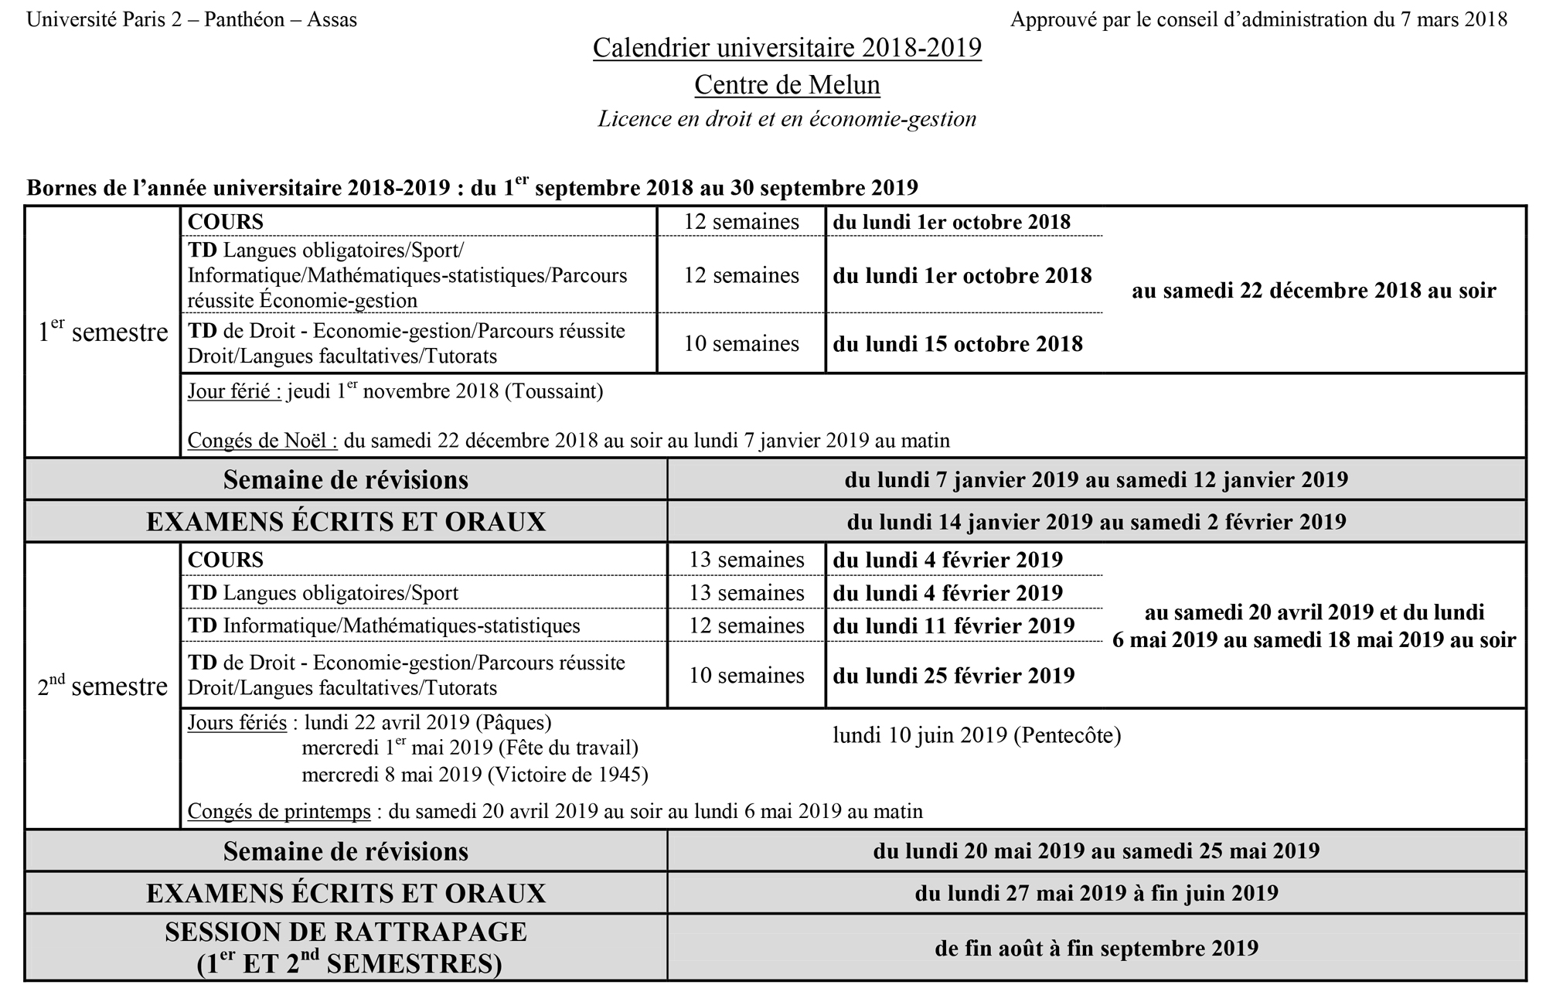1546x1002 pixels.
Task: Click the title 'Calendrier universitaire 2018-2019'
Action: pyautogui.click(x=787, y=48)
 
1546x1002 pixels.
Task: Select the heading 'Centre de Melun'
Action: pyautogui.click(x=787, y=84)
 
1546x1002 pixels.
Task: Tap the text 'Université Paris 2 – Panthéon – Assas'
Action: pyautogui.click(x=192, y=19)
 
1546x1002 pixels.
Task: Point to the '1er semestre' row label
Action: pyautogui.click(x=103, y=332)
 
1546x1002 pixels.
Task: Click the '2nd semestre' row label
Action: pyautogui.click(x=103, y=686)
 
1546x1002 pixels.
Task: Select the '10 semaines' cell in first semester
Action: pyautogui.click(x=741, y=343)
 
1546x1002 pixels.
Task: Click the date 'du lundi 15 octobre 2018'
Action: pyautogui.click(x=957, y=344)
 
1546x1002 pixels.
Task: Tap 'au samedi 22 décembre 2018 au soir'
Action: pyautogui.click(x=1313, y=291)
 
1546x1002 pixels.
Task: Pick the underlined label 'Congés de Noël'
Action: pyautogui.click(x=262, y=441)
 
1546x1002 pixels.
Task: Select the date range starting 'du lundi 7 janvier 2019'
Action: pyautogui.click(x=1095, y=479)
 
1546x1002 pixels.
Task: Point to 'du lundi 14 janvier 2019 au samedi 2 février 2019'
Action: pyautogui.click(x=1095, y=522)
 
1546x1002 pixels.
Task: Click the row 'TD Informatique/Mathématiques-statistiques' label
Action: pyautogui.click(x=383, y=625)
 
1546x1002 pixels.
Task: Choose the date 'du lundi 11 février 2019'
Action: pyautogui.click(x=953, y=625)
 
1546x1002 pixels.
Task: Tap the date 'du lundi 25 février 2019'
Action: pyautogui.click(x=953, y=676)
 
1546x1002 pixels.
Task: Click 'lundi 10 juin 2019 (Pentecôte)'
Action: pyautogui.click(x=976, y=735)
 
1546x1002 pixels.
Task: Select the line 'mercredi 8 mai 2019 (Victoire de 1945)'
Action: pyautogui.click(x=475, y=774)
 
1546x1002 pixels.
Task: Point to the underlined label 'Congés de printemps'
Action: pyautogui.click(x=279, y=812)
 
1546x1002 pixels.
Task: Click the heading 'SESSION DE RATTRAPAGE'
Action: pyautogui.click(x=346, y=932)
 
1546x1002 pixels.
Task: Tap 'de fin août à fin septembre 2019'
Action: pyautogui.click(x=1095, y=948)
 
